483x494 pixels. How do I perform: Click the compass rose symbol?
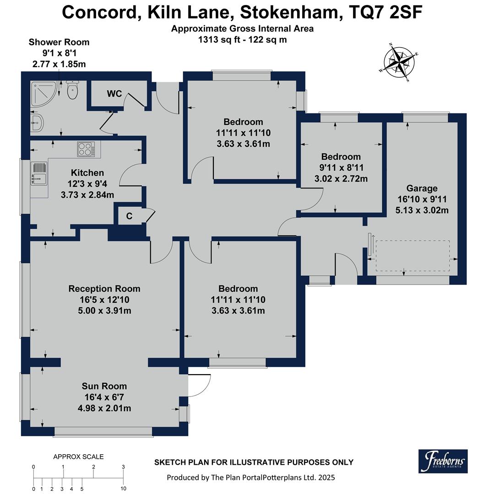(x=399, y=63)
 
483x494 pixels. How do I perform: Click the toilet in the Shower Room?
(x=73, y=90)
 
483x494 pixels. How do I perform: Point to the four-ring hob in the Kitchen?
(x=86, y=149)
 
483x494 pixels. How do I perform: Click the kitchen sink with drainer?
(x=39, y=174)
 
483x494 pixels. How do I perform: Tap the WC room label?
(x=114, y=94)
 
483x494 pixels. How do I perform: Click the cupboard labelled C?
(x=130, y=216)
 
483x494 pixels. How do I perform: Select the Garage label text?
(x=422, y=188)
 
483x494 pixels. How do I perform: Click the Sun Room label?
(x=104, y=386)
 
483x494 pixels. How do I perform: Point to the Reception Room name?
(x=104, y=289)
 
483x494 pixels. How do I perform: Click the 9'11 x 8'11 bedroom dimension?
(x=341, y=167)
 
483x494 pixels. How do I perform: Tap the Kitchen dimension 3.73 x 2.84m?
(x=87, y=195)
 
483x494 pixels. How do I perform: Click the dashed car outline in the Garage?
(x=412, y=256)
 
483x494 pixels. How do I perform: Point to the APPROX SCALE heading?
(x=78, y=456)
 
